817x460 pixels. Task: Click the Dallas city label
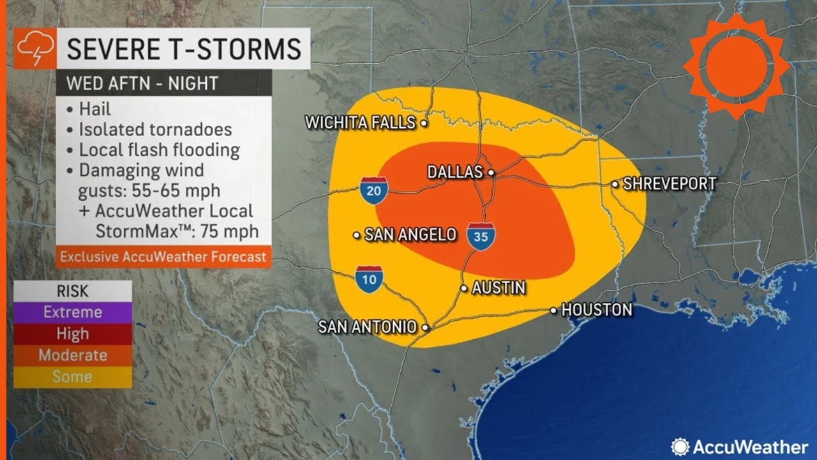[454, 172]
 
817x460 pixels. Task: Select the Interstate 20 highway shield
[373, 190]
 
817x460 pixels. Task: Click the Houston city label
[596, 310]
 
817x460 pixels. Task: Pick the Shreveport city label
[669, 184]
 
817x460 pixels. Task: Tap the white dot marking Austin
[464, 288]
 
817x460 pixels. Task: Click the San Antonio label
[367, 326]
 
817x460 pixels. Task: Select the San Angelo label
[410, 235]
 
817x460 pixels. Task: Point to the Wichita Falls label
[361, 123]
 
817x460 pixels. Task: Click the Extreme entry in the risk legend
[72, 312]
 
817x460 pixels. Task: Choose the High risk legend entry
[72, 333]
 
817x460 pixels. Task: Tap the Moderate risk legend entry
[72, 355]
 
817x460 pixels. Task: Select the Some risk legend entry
[72, 377]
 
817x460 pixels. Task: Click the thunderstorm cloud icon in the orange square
[31, 49]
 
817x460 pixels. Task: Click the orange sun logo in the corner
[735, 66]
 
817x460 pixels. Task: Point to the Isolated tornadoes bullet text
[155, 130]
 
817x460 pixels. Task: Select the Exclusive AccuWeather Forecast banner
[163, 257]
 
